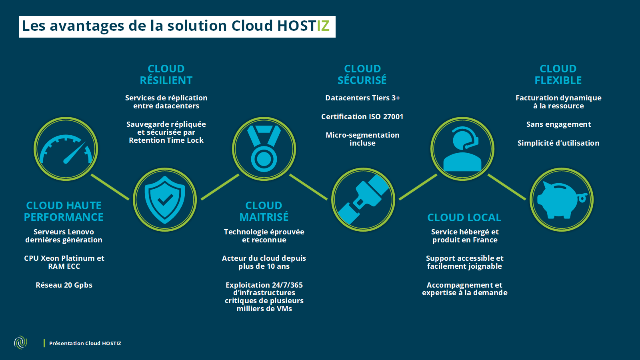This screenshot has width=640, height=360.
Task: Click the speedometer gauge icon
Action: coord(66,149)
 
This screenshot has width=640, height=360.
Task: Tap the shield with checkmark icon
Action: coord(165,200)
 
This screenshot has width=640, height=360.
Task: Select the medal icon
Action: coord(264,149)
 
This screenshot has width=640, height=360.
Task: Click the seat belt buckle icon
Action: coord(363,200)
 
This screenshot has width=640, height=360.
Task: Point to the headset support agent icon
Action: coord(462,149)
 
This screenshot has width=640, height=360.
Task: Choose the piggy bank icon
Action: coord(562,200)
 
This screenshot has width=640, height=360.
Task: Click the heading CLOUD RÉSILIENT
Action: coord(166,75)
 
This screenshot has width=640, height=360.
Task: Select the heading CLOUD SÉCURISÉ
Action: coord(362,75)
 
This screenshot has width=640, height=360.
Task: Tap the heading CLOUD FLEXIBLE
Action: coord(558,75)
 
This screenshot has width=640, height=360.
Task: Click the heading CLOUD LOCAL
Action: coord(464,218)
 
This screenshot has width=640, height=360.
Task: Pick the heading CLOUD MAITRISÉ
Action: coord(264,211)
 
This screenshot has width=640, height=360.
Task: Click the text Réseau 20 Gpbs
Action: coord(64,285)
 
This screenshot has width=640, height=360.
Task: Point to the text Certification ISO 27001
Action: coord(362,117)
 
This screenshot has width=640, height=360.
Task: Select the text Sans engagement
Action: coord(558,124)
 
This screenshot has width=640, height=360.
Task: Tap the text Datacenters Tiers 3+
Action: coord(362,98)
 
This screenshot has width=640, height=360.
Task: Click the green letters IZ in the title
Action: coord(323,26)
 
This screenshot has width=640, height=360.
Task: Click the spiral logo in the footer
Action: coord(20,342)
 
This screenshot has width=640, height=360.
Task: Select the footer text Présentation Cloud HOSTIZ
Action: coord(85,343)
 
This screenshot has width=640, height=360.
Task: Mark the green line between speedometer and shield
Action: coord(110,187)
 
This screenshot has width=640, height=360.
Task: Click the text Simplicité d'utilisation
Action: coord(558,143)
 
